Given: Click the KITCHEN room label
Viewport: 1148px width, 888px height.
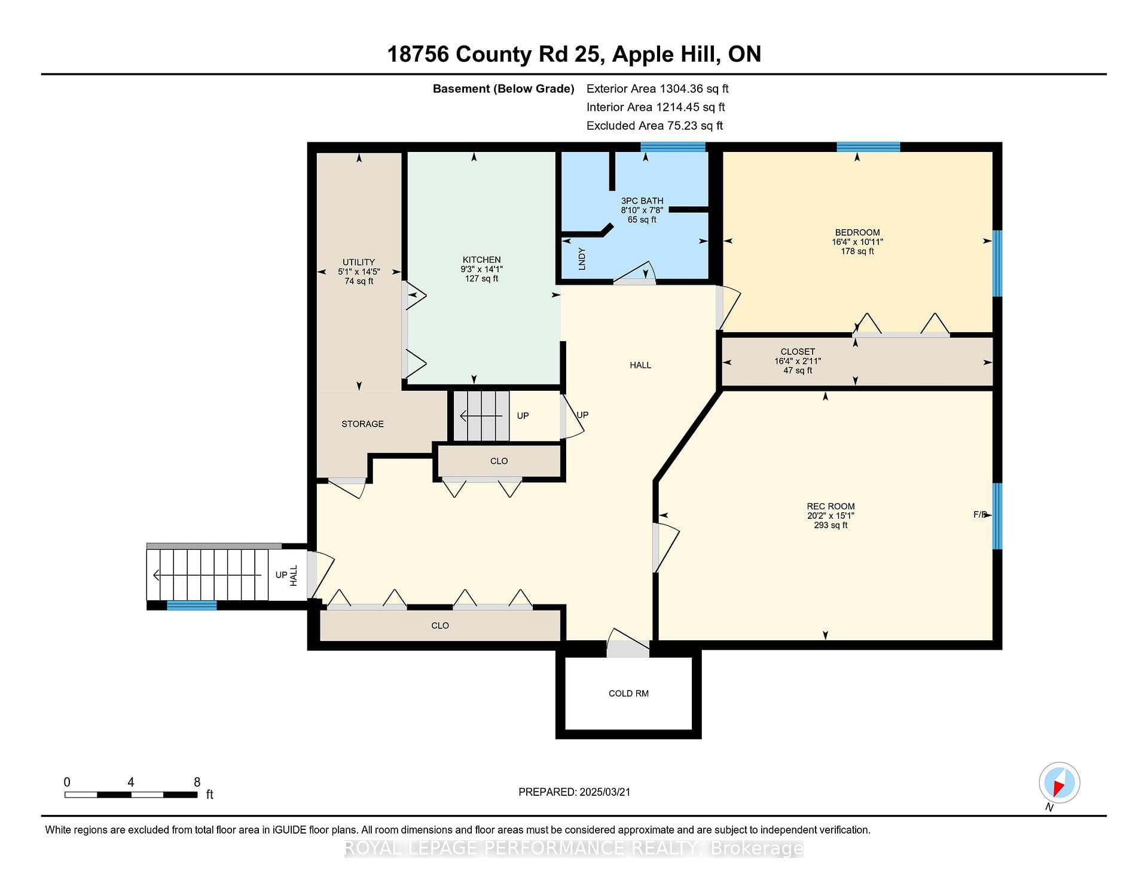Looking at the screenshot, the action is [481, 260].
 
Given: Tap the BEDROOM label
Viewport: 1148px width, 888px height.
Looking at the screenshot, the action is [857, 232].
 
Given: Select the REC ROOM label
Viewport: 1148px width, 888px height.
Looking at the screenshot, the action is [831, 506].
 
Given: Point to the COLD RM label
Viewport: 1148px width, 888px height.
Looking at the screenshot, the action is [628, 694].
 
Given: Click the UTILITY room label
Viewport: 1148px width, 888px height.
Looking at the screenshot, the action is [359, 262].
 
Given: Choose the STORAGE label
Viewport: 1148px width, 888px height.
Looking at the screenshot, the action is [362, 424].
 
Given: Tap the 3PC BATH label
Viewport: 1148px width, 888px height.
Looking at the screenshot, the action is [642, 201].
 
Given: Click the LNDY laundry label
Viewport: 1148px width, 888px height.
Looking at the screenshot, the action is [582, 259].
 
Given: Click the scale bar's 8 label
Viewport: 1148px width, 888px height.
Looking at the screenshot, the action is [197, 782].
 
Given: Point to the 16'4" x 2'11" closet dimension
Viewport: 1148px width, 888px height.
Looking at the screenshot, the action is [798, 361].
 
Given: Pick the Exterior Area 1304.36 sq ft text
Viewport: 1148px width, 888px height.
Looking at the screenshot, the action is [658, 89].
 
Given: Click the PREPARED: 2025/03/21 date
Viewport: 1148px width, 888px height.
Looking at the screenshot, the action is [574, 792].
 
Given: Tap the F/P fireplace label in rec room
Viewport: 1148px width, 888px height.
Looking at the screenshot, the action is [980, 514].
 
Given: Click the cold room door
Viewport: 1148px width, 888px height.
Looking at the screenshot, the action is [628, 643].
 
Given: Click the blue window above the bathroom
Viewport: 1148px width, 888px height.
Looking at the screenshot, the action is [673, 147].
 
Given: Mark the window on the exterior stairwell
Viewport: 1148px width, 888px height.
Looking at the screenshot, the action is [191, 606].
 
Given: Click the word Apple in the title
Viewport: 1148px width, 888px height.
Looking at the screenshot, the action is [643, 54].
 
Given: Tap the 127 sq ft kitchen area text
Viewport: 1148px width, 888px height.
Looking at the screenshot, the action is [481, 278].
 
